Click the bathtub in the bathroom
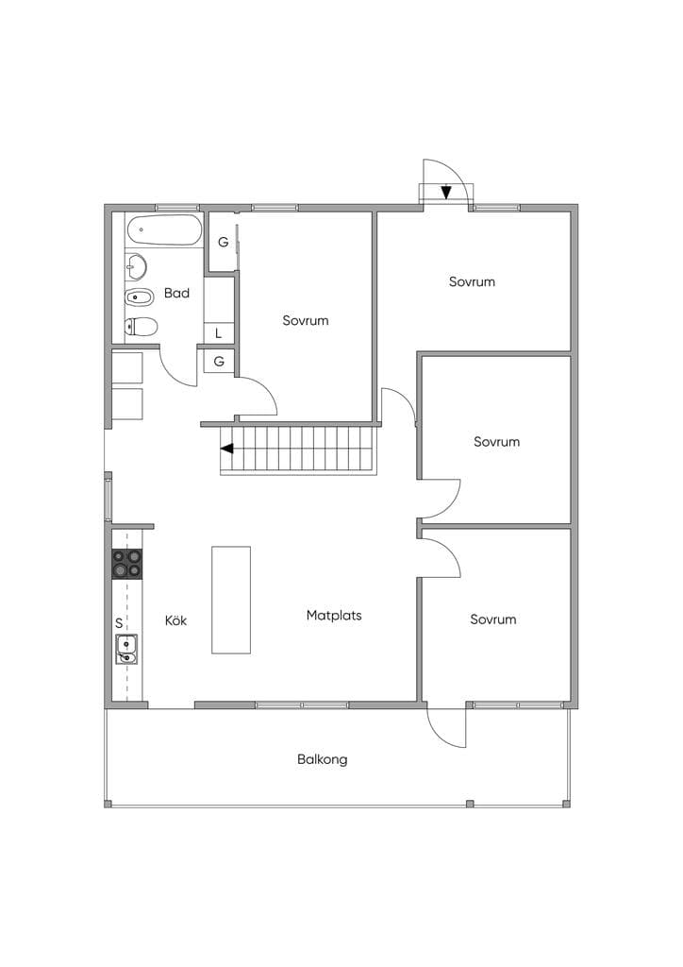point(164,229)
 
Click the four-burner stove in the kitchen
point(126,564)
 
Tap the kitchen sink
point(126,650)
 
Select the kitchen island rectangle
point(231,600)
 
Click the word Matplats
point(334,615)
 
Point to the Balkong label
point(322,759)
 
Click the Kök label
point(175,619)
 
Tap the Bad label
point(176,293)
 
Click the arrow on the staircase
point(227,449)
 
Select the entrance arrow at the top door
point(446,193)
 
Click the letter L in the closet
point(218,333)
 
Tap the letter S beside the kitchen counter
point(119,623)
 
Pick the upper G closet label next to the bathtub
point(223,242)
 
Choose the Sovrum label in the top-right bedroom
point(472,281)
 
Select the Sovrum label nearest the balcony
point(492,619)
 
